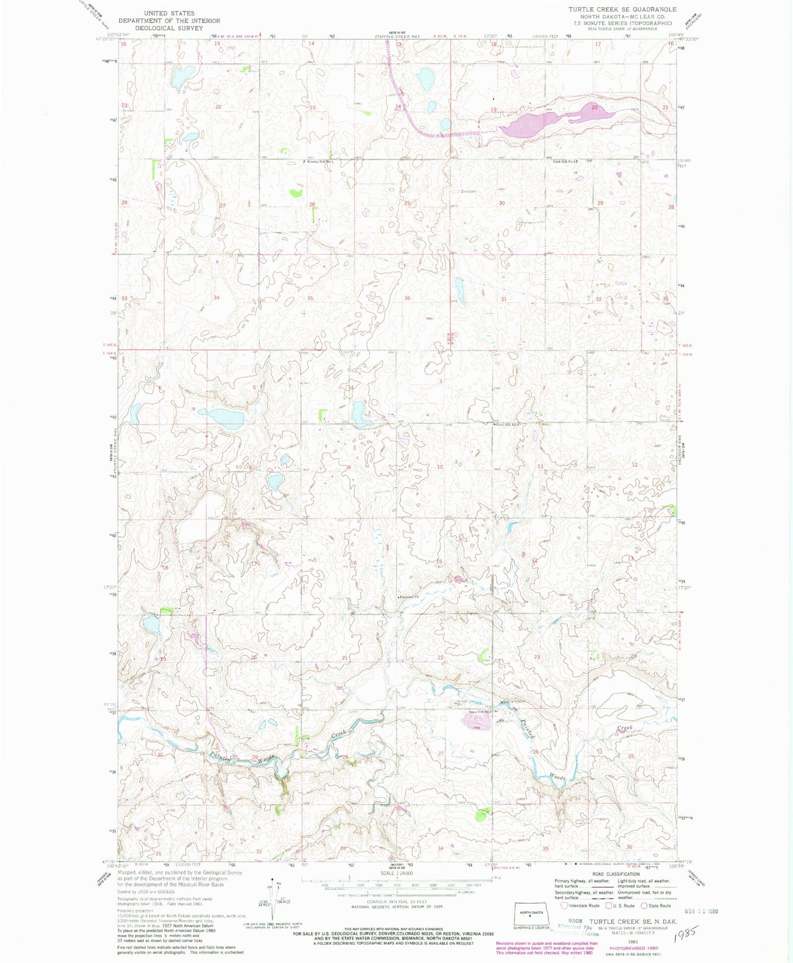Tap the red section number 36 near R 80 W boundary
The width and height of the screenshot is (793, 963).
coord(407,298)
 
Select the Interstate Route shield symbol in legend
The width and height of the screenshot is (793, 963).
coord(564,905)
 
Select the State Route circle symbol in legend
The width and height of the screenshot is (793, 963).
coord(644,905)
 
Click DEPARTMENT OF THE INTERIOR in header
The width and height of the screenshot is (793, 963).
coord(169,20)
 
